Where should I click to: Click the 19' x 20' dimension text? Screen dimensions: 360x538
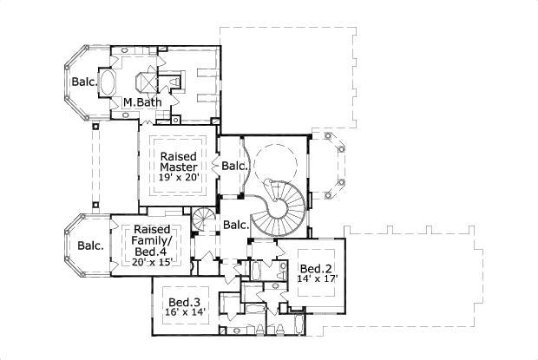pyautogui.click(x=180, y=177)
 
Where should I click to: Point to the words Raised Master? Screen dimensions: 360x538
pyautogui.click(x=180, y=160)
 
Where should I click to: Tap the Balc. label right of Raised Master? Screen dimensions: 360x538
pyautogui.click(x=233, y=165)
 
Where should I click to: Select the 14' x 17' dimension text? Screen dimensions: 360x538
pyautogui.click(x=316, y=278)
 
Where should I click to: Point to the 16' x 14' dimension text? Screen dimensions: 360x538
pyautogui.click(x=186, y=312)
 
